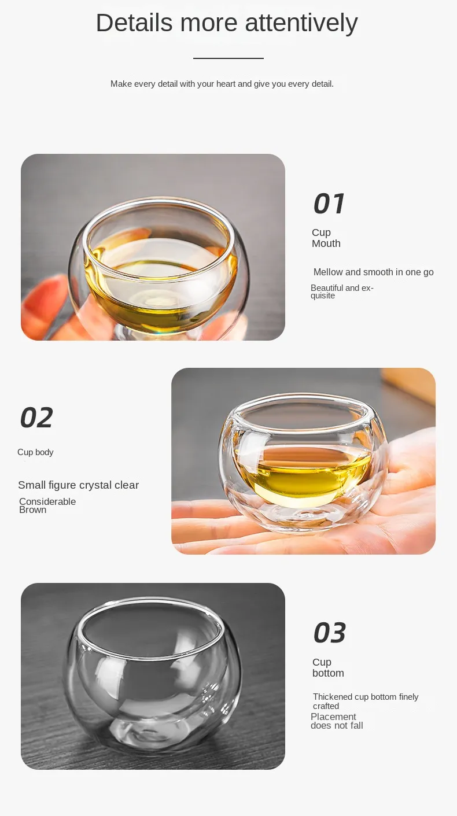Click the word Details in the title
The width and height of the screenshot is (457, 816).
point(134,23)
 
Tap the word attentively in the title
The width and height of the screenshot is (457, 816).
point(301,23)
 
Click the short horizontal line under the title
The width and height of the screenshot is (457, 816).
point(228,58)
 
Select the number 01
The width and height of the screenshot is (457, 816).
point(329,203)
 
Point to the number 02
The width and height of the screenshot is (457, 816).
point(36,418)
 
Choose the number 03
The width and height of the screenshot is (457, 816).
point(330,633)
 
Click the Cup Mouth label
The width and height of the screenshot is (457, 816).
point(326,238)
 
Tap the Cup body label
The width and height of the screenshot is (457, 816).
point(35,452)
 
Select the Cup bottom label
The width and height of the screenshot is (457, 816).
point(328,667)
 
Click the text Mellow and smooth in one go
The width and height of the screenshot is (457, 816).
point(374,272)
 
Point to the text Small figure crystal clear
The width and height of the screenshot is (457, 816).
point(78,485)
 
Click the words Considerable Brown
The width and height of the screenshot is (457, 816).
point(47,505)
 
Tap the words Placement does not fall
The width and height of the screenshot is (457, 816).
point(337,721)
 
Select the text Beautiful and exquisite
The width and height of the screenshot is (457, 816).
point(342,292)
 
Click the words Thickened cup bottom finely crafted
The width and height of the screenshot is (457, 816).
point(366,701)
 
